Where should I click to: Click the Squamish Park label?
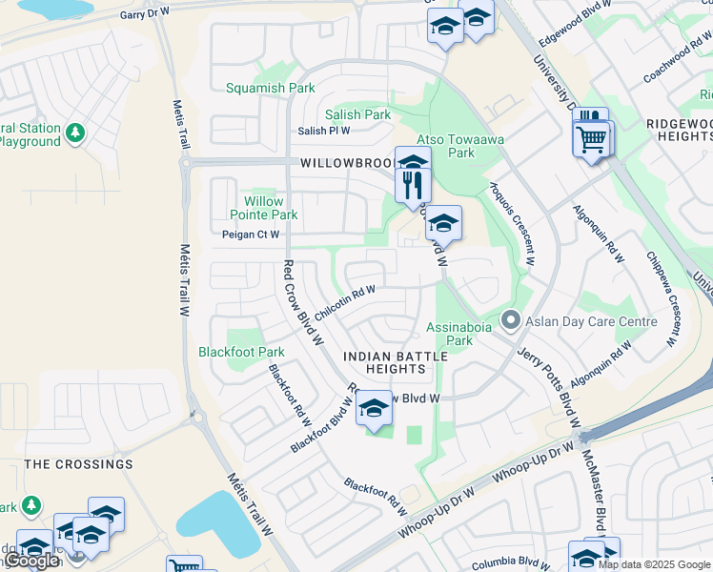[x=270, y=89]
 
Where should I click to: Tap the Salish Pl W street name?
[x=324, y=131]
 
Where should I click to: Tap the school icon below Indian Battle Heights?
[x=375, y=409]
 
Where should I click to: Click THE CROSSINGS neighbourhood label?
[x=78, y=464]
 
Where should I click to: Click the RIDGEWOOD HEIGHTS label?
[x=678, y=131]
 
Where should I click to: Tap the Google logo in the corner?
[x=31, y=561]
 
